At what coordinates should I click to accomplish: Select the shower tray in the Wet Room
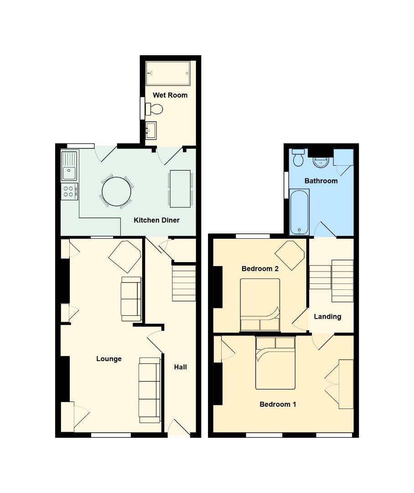click(x=167, y=73)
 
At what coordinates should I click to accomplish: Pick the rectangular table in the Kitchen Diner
click(x=180, y=188)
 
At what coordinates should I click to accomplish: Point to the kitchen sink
click(x=70, y=167)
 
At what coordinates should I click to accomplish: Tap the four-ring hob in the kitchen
click(x=69, y=191)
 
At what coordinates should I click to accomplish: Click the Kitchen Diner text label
click(x=156, y=220)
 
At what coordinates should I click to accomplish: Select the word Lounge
click(x=109, y=359)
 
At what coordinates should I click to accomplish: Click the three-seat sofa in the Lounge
click(x=150, y=389)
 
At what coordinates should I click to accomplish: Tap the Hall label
click(x=181, y=367)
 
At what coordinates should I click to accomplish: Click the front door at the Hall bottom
click(x=179, y=429)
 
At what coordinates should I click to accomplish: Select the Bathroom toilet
click(x=299, y=157)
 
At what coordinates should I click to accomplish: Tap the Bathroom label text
click(x=321, y=181)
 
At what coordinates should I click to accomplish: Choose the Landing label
click(x=327, y=316)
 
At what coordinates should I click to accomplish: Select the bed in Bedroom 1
click(x=275, y=363)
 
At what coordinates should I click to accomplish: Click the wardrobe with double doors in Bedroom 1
click(x=346, y=384)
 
